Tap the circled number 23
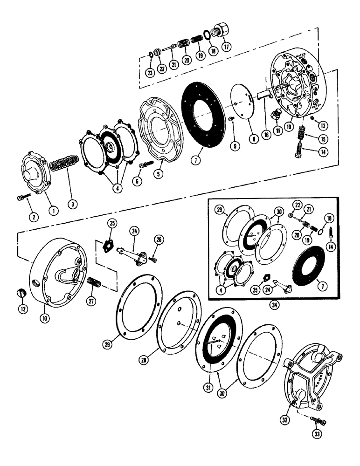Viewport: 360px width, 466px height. [150, 73]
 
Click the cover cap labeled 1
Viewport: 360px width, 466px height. [32, 176]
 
